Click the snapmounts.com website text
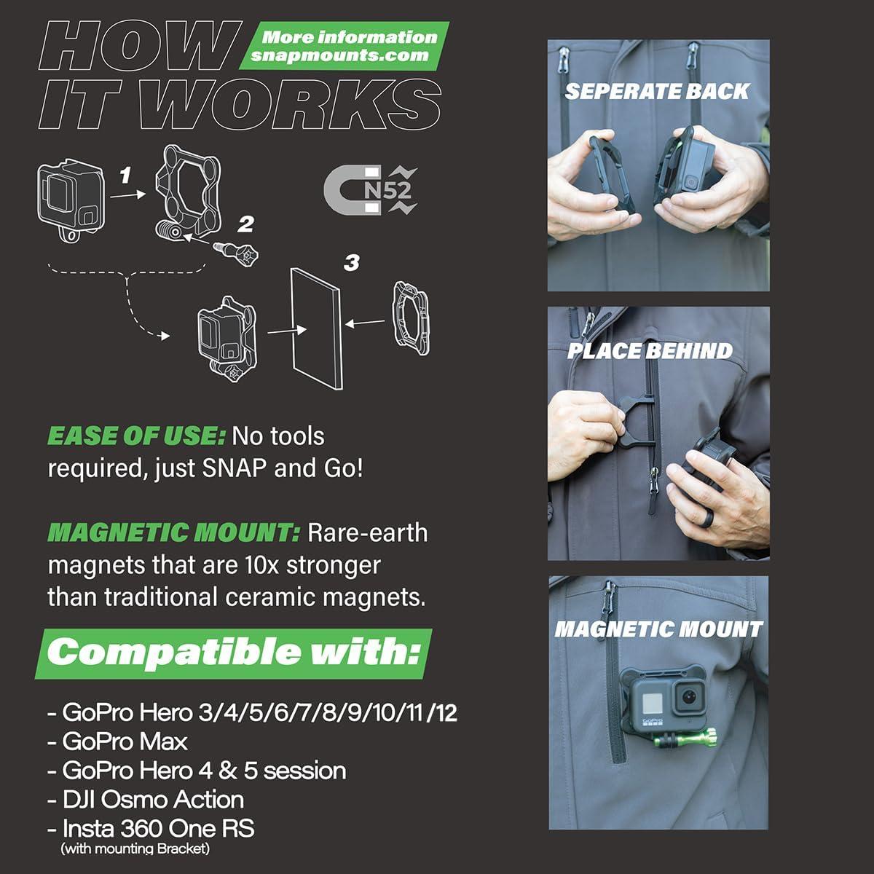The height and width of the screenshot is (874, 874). pos(339,56)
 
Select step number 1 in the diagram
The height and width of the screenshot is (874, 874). pos(125,175)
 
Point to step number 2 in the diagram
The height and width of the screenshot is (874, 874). pos(246,223)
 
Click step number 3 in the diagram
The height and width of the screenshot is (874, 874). pos(352,262)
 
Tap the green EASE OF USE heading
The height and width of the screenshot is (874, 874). pos(136,436)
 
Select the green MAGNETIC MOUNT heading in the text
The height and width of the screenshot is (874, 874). pos(173,533)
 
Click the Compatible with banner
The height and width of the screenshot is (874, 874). pos(234,652)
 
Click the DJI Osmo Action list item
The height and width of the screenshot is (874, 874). pos(146,799)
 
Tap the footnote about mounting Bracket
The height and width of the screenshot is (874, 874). pos(135,849)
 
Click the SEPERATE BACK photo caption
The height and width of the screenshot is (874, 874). pos(657,91)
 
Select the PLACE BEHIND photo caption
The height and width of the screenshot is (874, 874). pos(650,350)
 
